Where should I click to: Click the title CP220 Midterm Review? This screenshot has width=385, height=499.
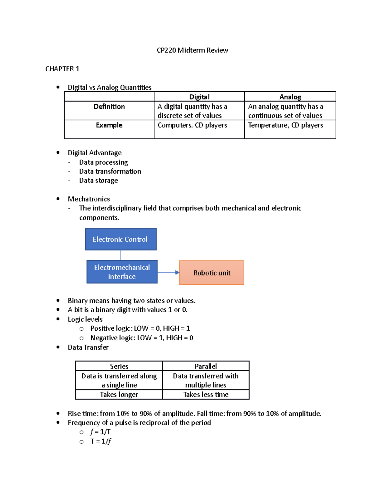(x=192, y=50)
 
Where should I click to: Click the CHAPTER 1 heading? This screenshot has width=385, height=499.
(x=62, y=69)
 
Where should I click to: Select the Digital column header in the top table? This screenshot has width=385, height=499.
(x=199, y=97)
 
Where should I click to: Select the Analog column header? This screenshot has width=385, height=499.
(x=290, y=97)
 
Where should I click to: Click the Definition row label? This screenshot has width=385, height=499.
(x=109, y=107)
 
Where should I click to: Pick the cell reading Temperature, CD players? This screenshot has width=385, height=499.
(x=285, y=125)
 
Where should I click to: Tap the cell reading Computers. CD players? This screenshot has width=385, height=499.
(x=192, y=125)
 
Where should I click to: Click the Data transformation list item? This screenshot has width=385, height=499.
(x=110, y=171)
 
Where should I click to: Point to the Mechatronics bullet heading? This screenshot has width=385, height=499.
(x=89, y=199)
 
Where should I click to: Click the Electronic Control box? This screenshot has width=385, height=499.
(x=121, y=239)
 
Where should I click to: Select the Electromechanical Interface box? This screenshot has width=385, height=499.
(x=122, y=272)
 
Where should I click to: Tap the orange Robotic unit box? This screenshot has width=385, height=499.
(x=212, y=273)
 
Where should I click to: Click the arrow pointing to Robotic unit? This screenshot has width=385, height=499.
(x=168, y=272)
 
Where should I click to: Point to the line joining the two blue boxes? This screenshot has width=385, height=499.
(x=120, y=255)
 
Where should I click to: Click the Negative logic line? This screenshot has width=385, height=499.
(x=141, y=338)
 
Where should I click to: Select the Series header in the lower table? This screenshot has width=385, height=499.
(x=119, y=366)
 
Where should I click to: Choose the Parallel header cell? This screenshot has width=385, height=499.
(x=206, y=366)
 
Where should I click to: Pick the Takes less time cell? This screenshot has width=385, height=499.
(x=206, y=395)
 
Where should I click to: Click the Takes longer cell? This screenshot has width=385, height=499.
(x=119, y=395)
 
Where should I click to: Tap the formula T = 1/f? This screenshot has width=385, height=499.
(x=100, y=441)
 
